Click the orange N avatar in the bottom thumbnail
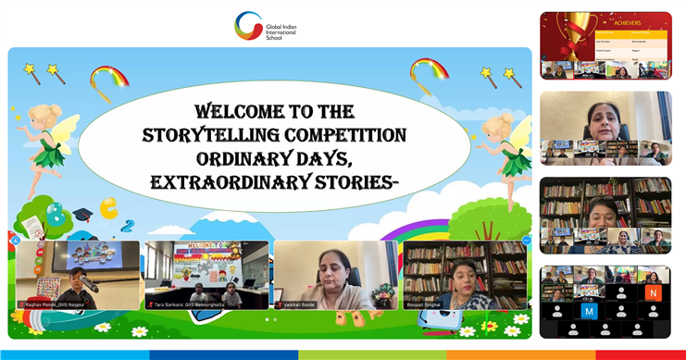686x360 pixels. coord(654,292)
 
